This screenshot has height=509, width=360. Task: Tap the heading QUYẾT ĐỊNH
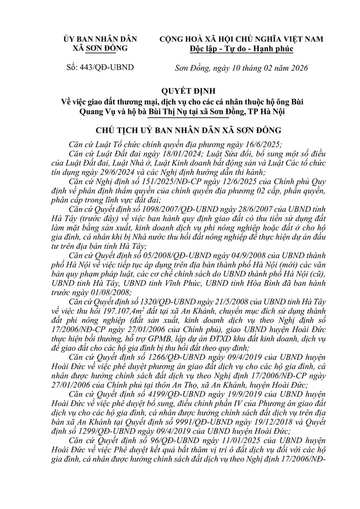pos(180,91)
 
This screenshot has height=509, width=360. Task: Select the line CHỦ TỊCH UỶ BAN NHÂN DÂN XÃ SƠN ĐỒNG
pos(180,130)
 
